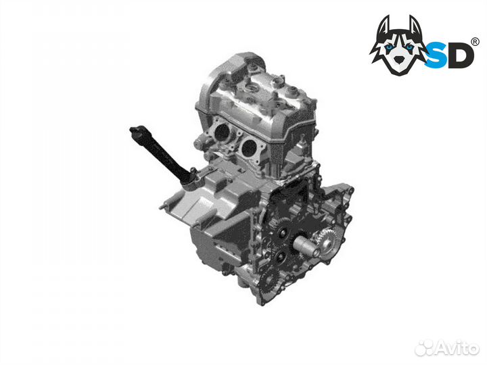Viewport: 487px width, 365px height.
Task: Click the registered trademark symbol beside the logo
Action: click(476, 42)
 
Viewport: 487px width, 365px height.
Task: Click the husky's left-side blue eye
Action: click(389, 47)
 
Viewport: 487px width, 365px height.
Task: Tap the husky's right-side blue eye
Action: click(410, 47)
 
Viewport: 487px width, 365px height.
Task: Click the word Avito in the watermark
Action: click(457, 348)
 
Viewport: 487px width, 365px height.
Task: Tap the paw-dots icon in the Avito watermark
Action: click(424, 348)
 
